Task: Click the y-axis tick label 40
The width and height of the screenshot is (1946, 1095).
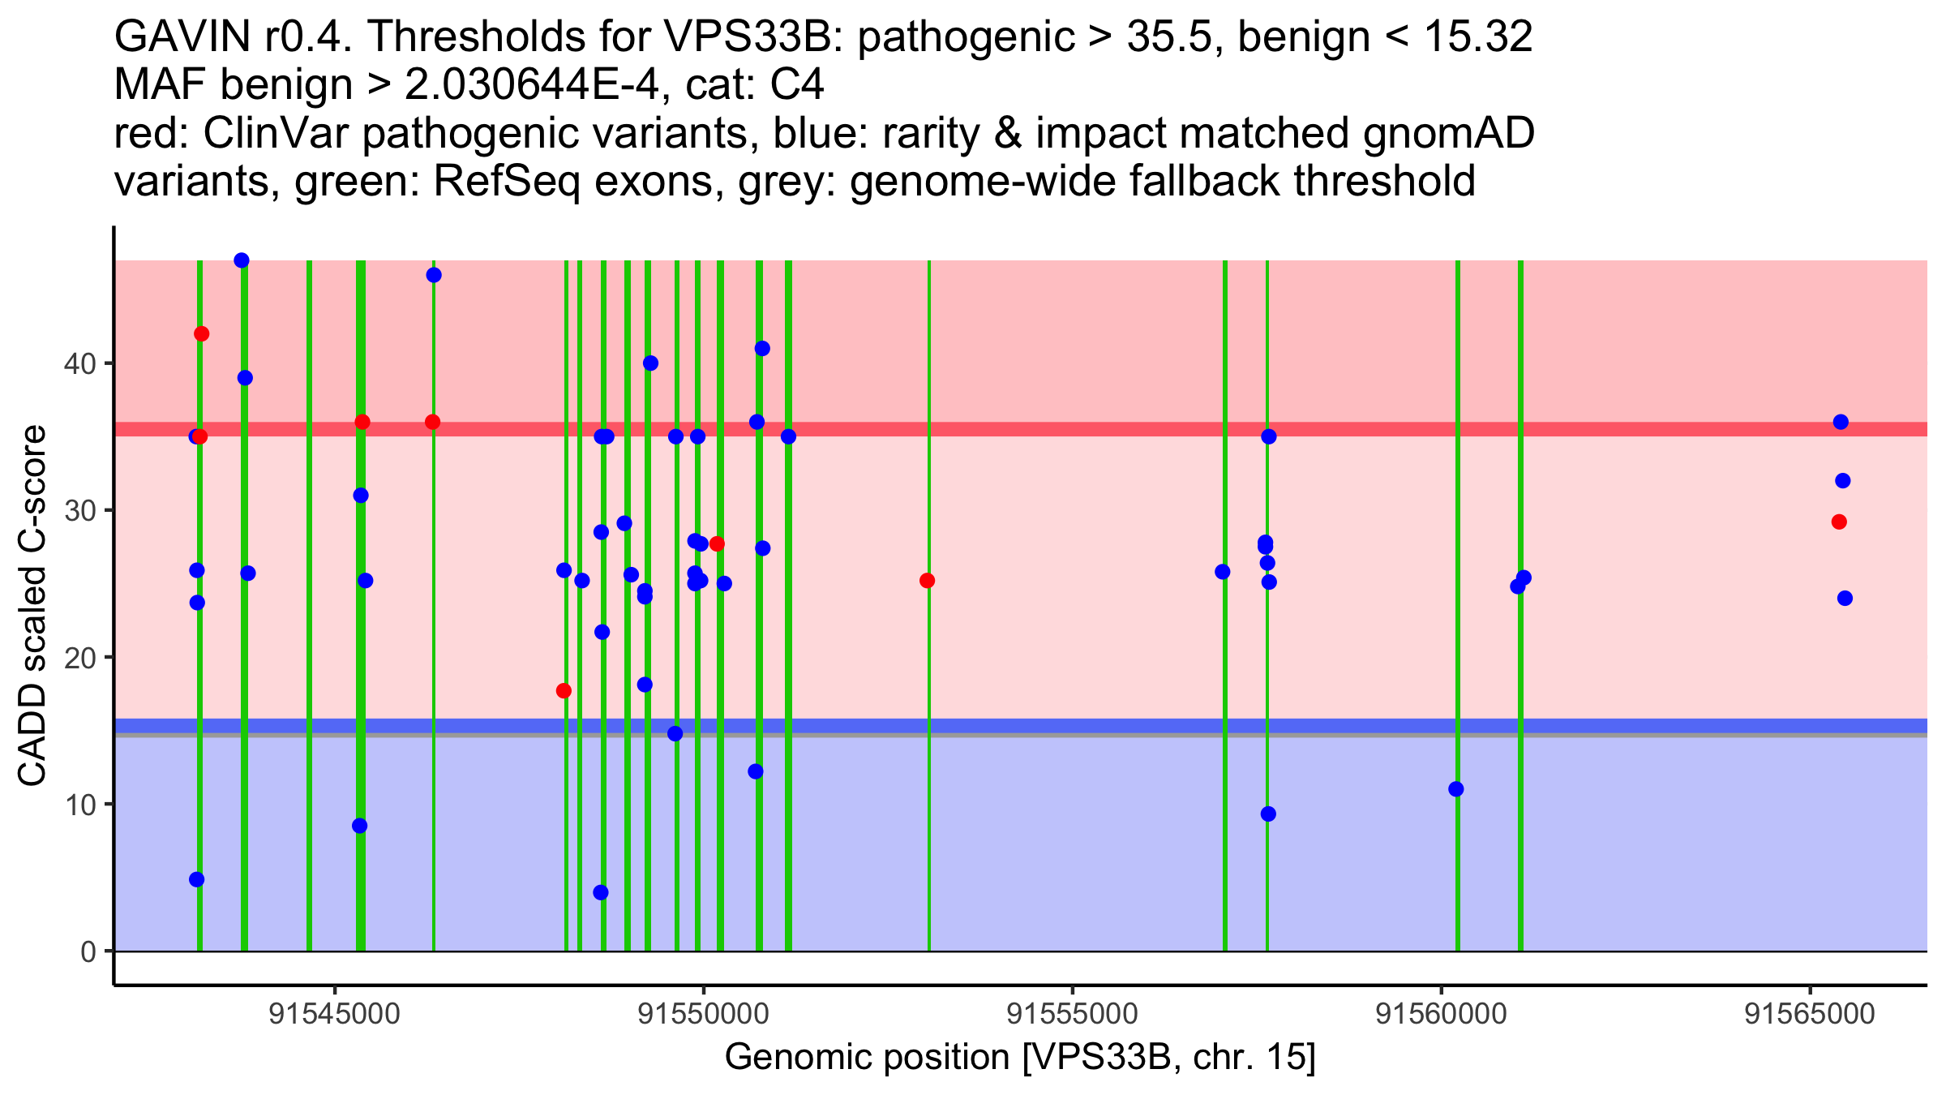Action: click(x=79, y=363)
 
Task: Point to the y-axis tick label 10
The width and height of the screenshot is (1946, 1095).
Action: click(x=79, y=805)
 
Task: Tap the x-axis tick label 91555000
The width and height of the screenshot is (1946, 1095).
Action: click(x=1072, y=1014)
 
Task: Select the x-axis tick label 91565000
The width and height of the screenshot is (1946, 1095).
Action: click(x=1810, y=1014)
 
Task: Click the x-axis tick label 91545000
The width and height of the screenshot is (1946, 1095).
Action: click(x=335, y=1014)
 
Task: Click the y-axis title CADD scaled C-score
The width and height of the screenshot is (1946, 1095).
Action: click(x=32, y=607)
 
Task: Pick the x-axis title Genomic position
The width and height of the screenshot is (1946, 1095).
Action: click(x=1020, y=1058)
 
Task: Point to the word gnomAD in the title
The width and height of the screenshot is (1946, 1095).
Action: click(x=1449, y=133)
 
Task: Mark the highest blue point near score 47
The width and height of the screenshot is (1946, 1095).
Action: click(x=242, y=260)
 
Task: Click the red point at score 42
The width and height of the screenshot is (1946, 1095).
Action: click(x=202, y=334)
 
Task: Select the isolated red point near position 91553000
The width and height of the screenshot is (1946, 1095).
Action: click(x=928, y=581)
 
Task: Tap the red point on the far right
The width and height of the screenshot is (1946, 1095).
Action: click(x=1839, y=522)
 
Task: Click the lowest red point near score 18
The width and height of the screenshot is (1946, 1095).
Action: click(x=564, y=691)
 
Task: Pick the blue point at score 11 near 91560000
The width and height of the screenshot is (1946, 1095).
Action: click(x=1456, y=789)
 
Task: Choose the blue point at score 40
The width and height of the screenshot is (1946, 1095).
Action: click(x=650, y=363)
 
